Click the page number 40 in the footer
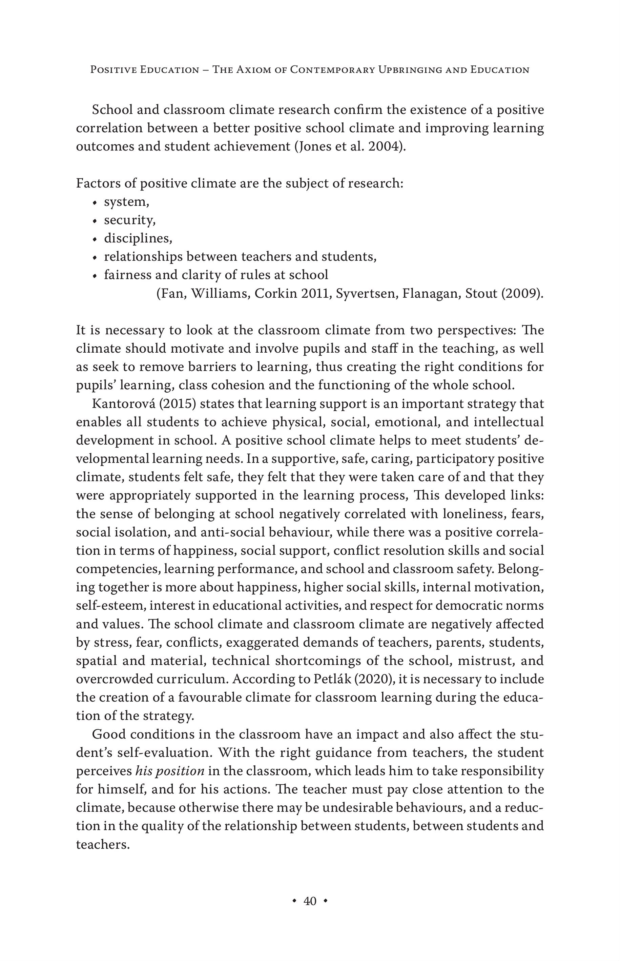point(310,901)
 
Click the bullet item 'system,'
point(126,202)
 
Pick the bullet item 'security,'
point(130,220)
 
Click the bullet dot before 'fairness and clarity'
point(95,276)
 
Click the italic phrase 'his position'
point(169,771)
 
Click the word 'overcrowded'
point(114,679)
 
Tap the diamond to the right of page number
point(325,901)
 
